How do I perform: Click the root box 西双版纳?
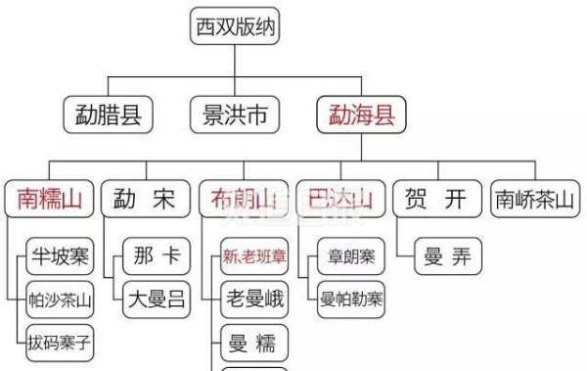(235, 26)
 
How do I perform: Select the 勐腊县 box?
(109, 116)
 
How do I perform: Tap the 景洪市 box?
(235, 116)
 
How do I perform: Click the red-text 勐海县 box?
(362, 116)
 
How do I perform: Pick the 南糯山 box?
(48, 200)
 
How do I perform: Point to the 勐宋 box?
(145, 200)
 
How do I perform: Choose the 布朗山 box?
(243, 200)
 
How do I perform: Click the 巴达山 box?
(339, 200)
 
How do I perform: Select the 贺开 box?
(436, 200)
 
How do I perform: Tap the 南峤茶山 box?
(534, 200)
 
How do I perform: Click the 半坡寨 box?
(58, 258)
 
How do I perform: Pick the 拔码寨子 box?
(60, 343)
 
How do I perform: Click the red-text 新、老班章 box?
(254, 258)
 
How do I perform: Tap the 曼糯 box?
(254, 343)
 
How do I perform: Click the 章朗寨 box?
(350, 258)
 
